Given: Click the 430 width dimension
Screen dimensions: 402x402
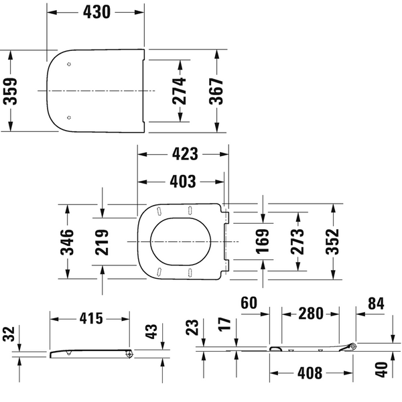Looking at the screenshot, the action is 96,12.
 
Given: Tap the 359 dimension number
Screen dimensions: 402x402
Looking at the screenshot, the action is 10,91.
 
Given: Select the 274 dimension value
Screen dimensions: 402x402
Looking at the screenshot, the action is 179,91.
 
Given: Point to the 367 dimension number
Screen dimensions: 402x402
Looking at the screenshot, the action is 216,91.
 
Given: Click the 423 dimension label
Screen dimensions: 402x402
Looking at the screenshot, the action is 185,154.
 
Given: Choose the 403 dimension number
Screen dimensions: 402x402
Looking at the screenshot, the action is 183,182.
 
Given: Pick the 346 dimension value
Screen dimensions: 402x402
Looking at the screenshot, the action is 67,242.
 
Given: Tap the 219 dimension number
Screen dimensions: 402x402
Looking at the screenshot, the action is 102,243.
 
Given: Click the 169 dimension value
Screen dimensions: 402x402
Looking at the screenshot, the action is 263,241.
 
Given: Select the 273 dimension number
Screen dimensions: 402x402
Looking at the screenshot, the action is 297,241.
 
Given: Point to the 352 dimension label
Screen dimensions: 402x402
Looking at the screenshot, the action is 332,241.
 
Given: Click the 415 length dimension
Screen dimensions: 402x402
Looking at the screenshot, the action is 91,318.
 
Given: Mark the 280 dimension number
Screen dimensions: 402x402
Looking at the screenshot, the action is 311,314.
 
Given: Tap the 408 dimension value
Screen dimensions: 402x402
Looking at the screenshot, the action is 310,373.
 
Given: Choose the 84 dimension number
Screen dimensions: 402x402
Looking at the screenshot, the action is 376,304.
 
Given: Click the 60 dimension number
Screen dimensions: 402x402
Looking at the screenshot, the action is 249,303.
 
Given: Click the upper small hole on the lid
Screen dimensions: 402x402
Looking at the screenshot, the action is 69,64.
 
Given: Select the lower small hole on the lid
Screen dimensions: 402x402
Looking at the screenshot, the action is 69,117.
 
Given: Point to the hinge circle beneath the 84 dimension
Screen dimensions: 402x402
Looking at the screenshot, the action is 353,346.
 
